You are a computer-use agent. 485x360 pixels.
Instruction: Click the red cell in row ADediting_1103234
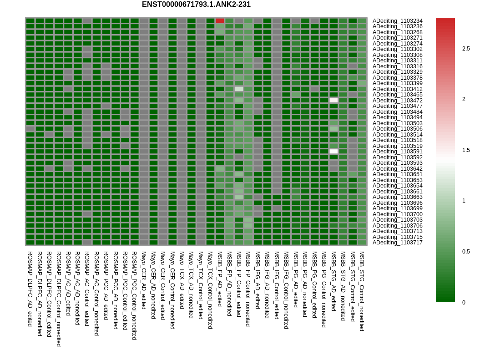click(220, 21)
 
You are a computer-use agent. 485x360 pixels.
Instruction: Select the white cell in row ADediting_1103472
click(333, 100)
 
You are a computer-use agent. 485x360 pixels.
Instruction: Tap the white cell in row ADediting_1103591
click(333, 152)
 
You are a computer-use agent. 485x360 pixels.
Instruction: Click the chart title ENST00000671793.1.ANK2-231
click(196, 5)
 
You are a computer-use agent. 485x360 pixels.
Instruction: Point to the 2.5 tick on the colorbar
click(466, 49)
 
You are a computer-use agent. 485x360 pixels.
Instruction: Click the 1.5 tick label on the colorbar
click(466, 150)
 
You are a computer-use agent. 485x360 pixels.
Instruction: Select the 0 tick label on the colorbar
click(464, 302)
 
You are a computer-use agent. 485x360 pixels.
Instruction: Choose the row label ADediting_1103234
click(398, 21)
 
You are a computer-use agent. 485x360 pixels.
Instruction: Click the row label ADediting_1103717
click(398, 243)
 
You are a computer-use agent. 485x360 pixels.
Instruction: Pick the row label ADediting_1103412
click(398, 89)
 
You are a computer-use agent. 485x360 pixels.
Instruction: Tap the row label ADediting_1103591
click(398, 152)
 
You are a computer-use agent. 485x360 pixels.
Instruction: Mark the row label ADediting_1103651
click(398, 174)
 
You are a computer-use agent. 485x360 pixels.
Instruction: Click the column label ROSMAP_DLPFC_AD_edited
click(30, 289)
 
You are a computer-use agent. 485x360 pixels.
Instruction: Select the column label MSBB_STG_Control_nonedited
click(362, 291)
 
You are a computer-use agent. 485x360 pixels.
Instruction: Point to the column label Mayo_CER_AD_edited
click(143, 280)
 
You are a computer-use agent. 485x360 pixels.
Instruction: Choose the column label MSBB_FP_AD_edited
click(220, 279)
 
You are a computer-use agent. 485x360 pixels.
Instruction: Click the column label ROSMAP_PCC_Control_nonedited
click(134, 296)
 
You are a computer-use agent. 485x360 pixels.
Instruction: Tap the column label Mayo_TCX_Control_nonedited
click(210, 290)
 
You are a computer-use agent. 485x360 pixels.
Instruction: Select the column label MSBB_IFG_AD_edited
click(258, 280)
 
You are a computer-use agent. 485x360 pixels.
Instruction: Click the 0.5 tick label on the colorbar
click(466, 252)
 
